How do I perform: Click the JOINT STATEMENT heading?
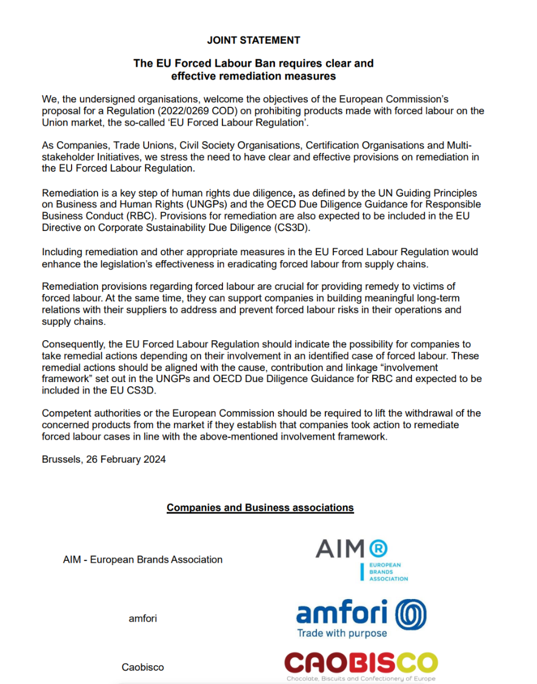(x=253, y=40)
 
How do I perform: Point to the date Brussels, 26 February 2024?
(x=104, y=459)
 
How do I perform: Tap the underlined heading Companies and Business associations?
(x=260, y=508)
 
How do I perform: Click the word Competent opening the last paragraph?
(x=66, y=414)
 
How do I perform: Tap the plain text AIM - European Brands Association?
(x=142, y=560)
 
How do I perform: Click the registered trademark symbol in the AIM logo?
(x=378, y=549)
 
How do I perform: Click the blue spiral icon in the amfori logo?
(x=411, y=614)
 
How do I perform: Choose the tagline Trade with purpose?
(x=341, y=634)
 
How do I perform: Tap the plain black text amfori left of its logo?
(x=143, y=619)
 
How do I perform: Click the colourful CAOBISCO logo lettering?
(x=361, y=662)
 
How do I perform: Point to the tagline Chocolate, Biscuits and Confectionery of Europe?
(x=361, y=679)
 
